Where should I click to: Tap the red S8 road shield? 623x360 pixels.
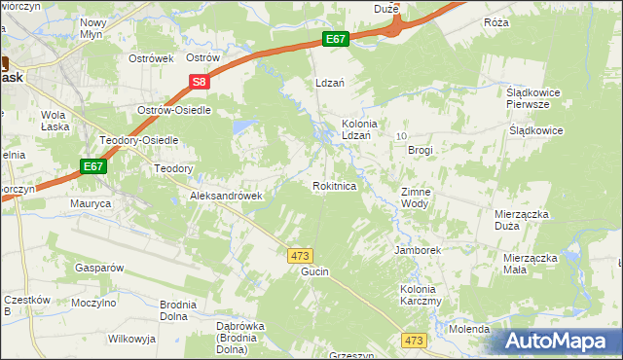pyautogui.click(x=199, y=84)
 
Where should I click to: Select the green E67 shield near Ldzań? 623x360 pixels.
pyautogui.click(x=336, y=39)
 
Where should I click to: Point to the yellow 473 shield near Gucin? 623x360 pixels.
pyautogui.click(x=300, y=255)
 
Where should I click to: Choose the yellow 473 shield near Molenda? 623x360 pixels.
pyautogui.click(x=415, y=340)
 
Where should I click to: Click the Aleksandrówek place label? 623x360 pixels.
pyautogui.click(x=226, y=196)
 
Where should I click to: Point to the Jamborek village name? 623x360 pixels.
pyautogui.click(x=418, y=250)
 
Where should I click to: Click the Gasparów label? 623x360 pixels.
pyautogui.click(x=96, y=267)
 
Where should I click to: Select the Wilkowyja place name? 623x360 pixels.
pyautogui.click(x=133, y=339)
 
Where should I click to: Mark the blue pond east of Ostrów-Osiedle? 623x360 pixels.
pyautogui.click(x=243, y=126)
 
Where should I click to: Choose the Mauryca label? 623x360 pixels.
pyautogui.click(x=91, y=204)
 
